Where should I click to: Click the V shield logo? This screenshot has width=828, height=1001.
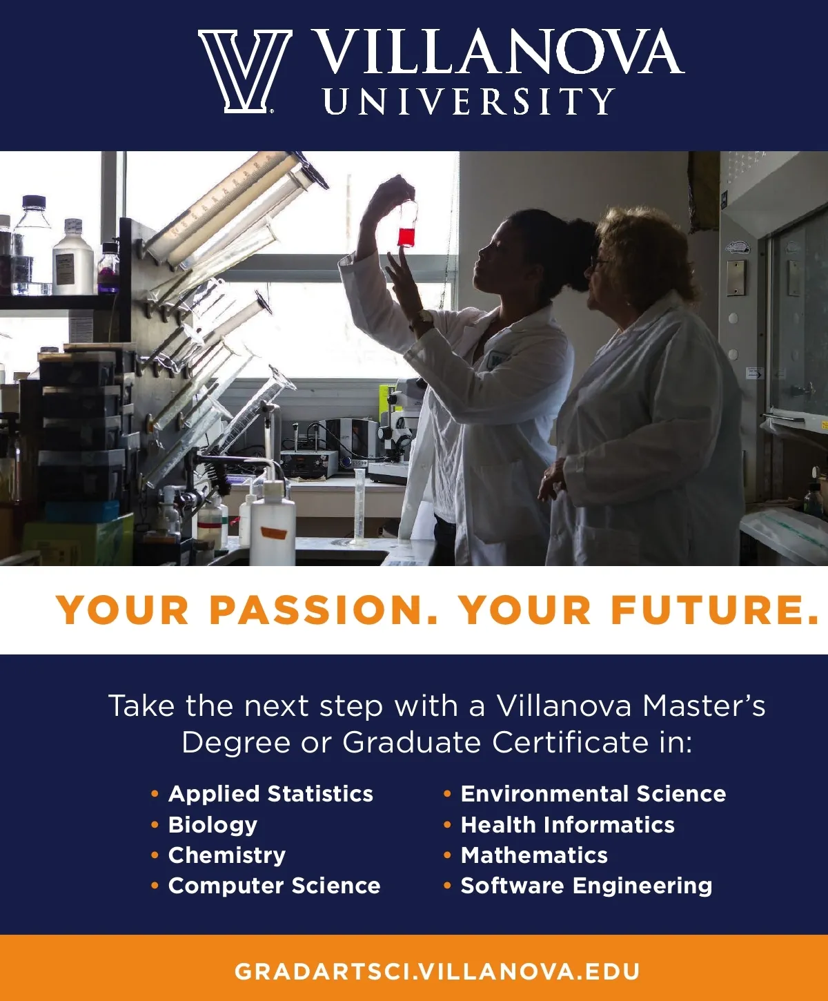(245, 71)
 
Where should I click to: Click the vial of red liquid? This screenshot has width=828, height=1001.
(407, 224)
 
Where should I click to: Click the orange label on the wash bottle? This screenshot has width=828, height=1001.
(272, 532)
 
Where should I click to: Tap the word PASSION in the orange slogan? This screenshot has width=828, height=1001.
(324, 610)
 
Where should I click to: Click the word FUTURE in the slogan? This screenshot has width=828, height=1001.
(713, 610)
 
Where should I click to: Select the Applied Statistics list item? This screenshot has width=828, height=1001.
(270, 793)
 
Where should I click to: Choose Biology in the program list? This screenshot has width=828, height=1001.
(213, 824)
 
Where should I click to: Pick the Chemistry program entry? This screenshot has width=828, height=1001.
(226, 855)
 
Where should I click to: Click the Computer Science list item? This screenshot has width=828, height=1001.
(274, 886)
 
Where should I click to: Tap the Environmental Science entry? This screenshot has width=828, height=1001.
(593, 793)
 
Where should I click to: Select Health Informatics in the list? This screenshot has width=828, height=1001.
(568, 824)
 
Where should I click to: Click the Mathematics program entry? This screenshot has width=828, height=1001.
(534, 855)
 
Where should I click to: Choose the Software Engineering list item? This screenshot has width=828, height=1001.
(586, 886)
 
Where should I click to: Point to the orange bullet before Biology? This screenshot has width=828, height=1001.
(155, 825)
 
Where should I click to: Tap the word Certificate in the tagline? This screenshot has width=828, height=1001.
(571, 743)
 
